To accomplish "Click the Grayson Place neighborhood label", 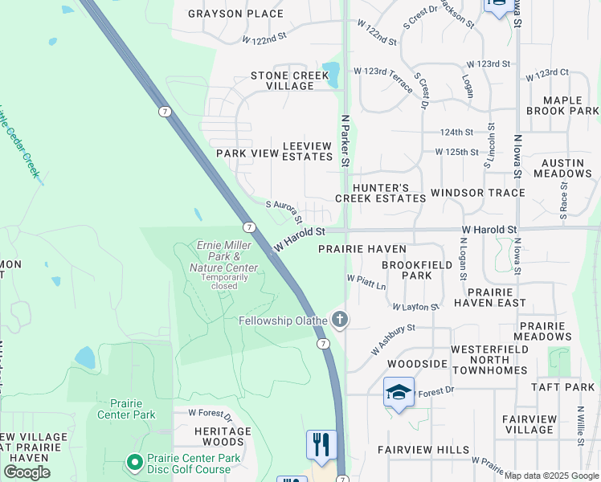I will [235, 14].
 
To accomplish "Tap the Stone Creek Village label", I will [290, 80].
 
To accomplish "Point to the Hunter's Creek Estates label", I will [380, 191].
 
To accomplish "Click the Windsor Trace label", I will [477, 193].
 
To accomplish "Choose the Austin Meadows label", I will [562, 167].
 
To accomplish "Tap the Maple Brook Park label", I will [562, 104].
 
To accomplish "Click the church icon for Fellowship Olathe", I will [340, 321].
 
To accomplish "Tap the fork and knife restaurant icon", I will [321, 445].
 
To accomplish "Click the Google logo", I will [27, 472].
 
